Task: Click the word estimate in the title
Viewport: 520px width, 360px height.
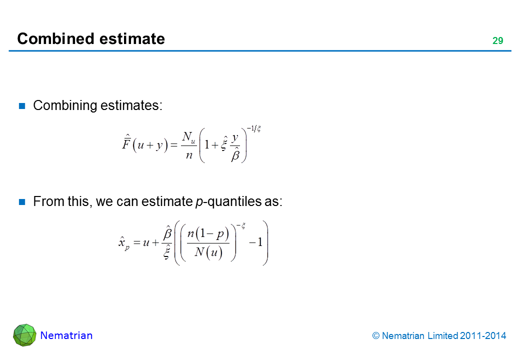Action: point(132,39)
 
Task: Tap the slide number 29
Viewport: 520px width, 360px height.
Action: point(497,41)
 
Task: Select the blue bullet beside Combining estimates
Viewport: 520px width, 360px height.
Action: point(22,105)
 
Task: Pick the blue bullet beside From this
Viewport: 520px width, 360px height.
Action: point(22,202)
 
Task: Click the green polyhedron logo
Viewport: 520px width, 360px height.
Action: point(24,335)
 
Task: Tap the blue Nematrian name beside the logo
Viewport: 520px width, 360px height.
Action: point(66,335)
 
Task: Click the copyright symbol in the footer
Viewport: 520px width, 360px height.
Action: point(375,336)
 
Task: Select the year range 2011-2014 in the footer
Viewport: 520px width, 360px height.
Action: point(483,336)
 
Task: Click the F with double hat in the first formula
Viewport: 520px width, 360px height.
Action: point(126,142)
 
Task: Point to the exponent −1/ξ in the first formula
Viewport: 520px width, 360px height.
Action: point(253,128)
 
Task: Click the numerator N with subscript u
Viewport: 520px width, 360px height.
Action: point(188,137)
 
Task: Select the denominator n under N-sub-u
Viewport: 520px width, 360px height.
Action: point(189,155)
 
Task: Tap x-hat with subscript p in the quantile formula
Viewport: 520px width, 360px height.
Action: point(123,243)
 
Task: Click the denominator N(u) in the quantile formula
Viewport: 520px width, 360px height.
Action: point(208,252)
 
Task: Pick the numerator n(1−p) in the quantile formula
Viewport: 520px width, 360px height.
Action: point(208,233)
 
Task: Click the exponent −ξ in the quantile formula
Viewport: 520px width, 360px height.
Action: point(241,226)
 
